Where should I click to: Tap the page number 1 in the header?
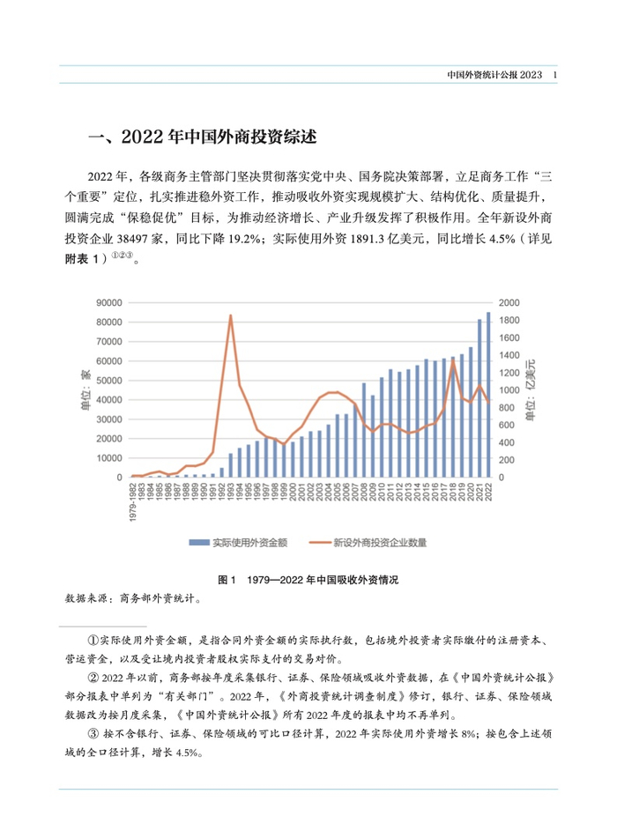554,78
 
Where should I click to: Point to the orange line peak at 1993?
231,315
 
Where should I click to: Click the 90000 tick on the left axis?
109,302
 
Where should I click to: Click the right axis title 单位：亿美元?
532,389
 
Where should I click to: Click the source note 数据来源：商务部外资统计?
133,597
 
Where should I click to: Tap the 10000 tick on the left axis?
109,458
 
